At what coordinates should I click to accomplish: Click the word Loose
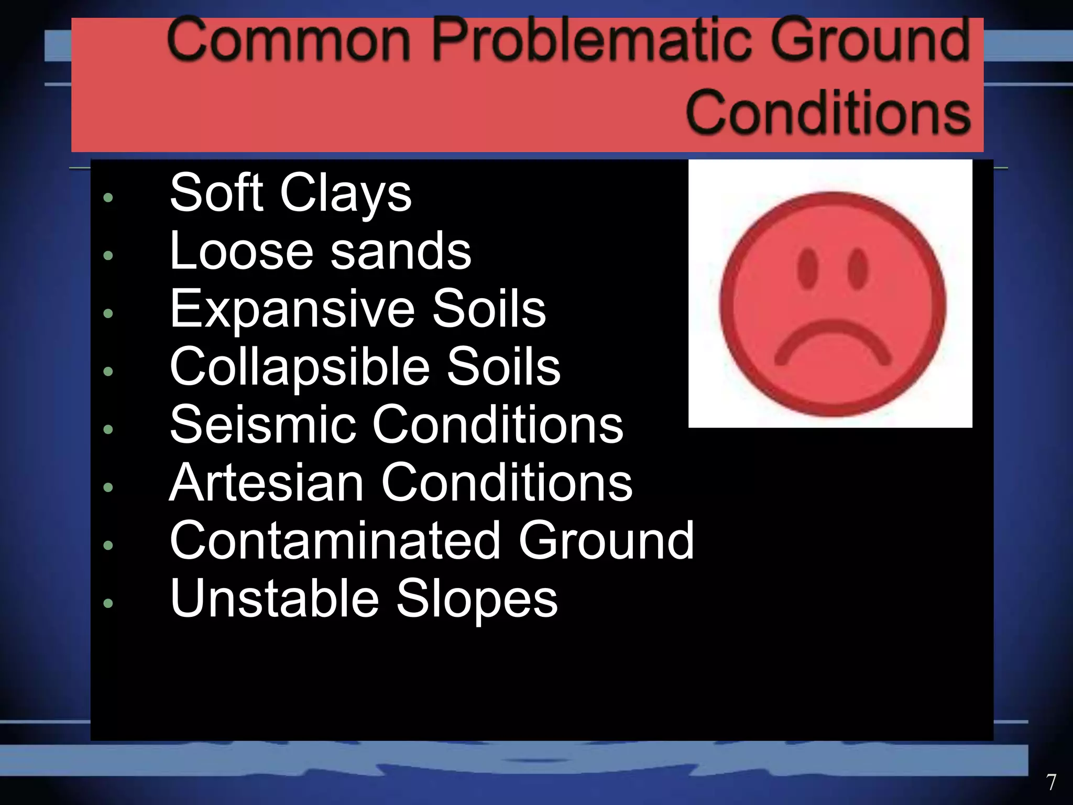tap(242, 251)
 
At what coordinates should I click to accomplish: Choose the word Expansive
tap(292, 309)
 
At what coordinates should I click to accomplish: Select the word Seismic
tap(262, 425)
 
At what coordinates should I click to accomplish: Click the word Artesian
tap(266, 483)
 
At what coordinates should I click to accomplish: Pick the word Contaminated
tap(335, 540)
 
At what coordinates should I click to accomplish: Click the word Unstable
tap(274, 599)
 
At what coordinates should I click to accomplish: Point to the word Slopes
tap(477, 600)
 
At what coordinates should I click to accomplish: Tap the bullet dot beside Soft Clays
tap(108, 198)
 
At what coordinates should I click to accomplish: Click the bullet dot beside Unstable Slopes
tap(108, 603)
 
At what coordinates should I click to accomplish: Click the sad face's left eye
tap(807, 268)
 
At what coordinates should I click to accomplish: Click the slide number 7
tap(1051, 782)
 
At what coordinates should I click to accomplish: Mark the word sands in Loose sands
tap(401, 251)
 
